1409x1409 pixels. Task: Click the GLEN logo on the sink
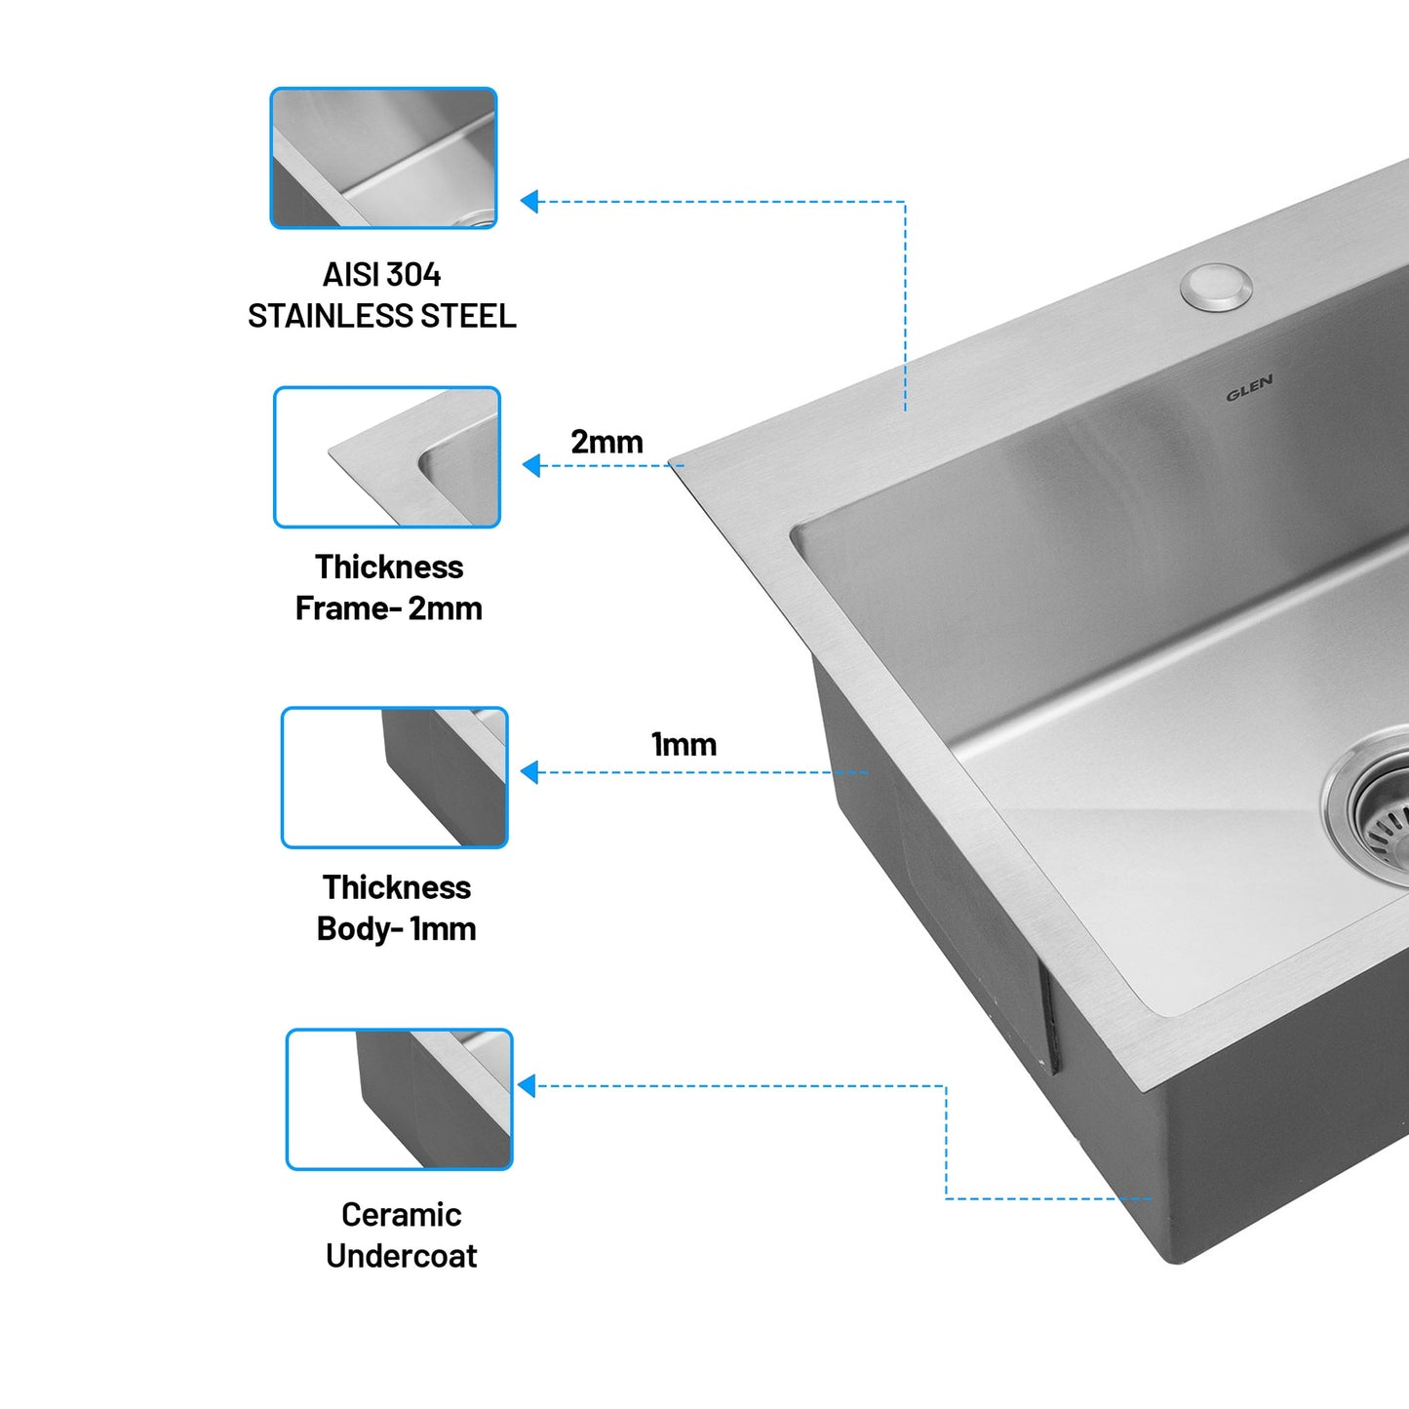tap(1249, 388)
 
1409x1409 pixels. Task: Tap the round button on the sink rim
tap(1216, 287)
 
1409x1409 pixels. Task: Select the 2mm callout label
tap(607, 442)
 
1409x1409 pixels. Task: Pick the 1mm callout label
tap(684, 745)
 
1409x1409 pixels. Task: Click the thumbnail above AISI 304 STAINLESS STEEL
tap(383, 158)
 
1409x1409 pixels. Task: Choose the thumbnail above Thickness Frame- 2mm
tap(387, 457)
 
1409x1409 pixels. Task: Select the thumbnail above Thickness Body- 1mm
tap(395, 777)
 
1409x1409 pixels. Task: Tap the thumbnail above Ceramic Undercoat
tap(399, 1099)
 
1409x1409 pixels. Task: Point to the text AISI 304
tap(381, 275)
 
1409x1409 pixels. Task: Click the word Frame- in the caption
tap(348, 608)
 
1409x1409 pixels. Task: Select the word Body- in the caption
tap(359, 928)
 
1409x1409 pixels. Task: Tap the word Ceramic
tap(401, 1215)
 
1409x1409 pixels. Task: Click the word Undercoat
tap(401, 1256)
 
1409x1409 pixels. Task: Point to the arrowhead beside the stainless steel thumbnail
tap(529, 202)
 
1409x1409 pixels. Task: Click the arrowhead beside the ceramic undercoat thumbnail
tap(528, 1085)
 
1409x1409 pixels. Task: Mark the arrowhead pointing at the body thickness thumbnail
tap(530, 772)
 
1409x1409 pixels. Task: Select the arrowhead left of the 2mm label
tap(532, 465)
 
